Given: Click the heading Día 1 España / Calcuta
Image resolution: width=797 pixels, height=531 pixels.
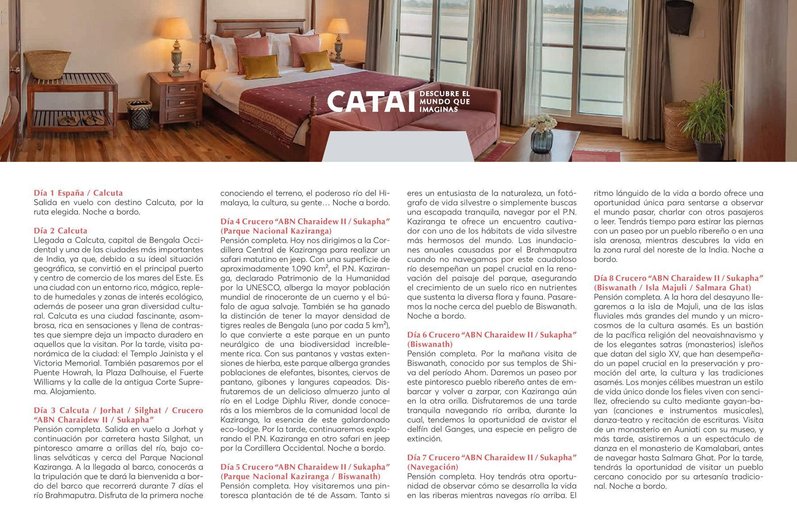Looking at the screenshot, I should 78,193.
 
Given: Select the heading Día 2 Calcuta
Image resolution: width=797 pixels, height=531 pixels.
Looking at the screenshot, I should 61,231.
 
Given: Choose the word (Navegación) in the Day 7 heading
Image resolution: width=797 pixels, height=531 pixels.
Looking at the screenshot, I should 433,467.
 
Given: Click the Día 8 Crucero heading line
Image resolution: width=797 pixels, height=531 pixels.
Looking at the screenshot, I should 678,278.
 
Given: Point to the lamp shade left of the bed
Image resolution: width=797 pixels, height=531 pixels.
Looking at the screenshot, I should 175,29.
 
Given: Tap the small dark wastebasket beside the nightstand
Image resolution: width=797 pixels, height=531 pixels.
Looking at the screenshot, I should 139,114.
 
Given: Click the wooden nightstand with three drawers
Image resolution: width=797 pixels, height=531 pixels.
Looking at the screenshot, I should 176,100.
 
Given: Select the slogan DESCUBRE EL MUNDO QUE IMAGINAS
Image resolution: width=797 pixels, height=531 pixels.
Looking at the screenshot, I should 444,101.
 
